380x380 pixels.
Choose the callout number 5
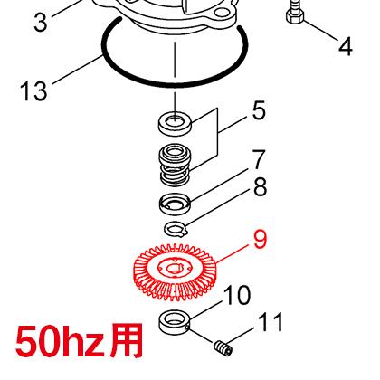[259, 112]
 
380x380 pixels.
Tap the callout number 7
[259, 161]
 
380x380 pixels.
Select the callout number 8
[260, 187]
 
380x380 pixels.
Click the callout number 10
[237, 295]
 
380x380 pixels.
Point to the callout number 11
[271, 323]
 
